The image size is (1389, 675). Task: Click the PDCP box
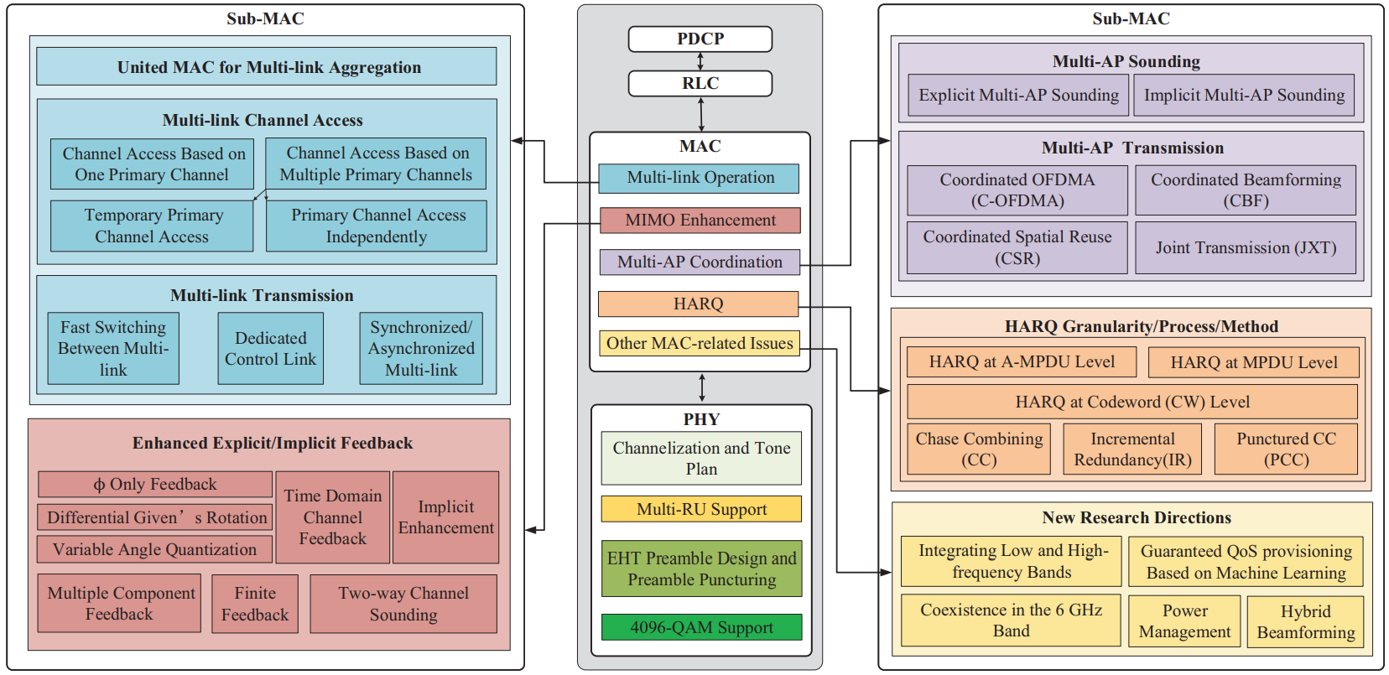point(700,39)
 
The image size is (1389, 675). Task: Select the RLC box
point(700,83)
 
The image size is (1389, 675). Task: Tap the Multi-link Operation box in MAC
point(699,178)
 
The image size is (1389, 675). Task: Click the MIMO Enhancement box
point(700,221)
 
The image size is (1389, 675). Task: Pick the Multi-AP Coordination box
point(700,262)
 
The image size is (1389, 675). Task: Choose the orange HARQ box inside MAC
point(698,304)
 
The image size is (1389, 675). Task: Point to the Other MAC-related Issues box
point(700,343)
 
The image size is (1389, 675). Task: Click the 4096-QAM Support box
point(701,627)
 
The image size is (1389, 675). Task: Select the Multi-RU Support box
point(701,509)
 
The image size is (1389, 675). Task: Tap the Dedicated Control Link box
point(270,349)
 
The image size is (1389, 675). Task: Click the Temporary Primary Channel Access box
point(152,226)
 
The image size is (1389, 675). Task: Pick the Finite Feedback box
point(255,604)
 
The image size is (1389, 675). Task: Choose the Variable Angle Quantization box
point(154,549)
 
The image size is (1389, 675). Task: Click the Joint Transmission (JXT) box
point(1246,247)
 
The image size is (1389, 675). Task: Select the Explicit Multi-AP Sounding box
point(1018,96)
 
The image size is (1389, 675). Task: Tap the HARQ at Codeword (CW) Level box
point(1132,402)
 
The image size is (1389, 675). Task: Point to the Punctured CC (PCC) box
point(1286,449)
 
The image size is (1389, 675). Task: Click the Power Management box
point(1184,621)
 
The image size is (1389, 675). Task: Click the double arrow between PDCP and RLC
point(700,61)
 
